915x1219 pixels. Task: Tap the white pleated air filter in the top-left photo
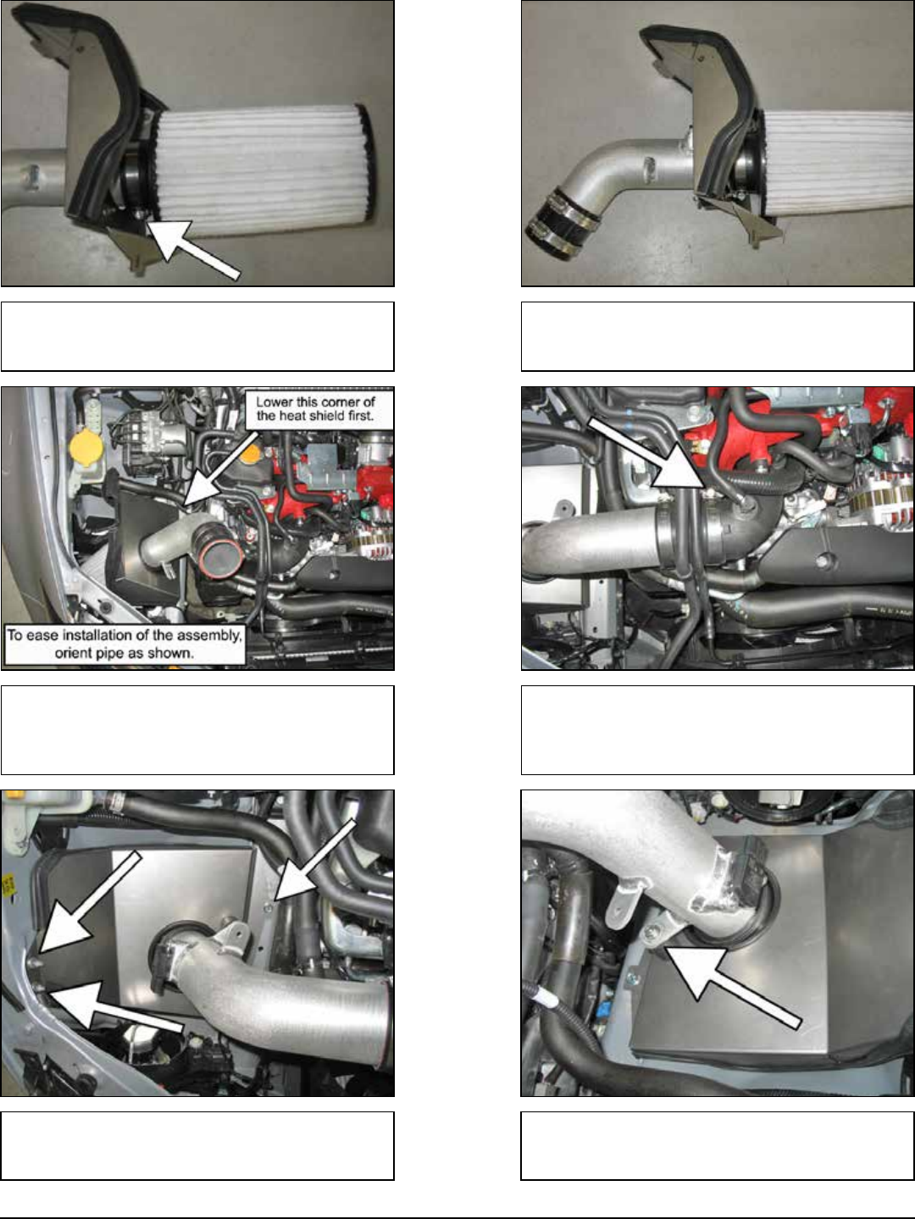tap(263, 169)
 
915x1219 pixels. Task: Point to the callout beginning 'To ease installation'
tap(125, 644)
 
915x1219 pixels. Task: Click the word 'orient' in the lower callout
tap(73, 652)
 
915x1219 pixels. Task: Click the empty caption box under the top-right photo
tap(718, 336)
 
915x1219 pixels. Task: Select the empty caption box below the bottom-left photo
tap(197, 1145)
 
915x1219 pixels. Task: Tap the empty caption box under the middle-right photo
tap(718, 729)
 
